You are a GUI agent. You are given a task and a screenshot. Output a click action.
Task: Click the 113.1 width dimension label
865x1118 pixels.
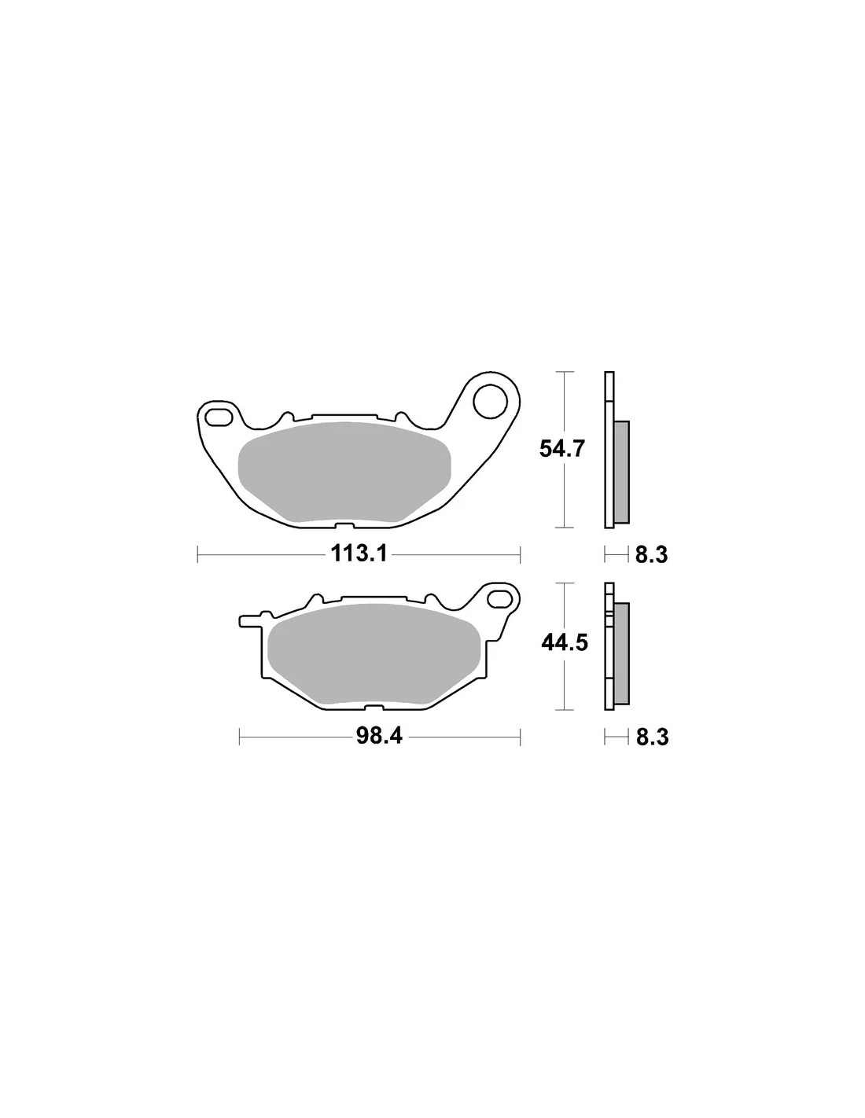[359, 554]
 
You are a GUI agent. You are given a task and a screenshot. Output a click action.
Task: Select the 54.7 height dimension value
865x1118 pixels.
[562, 449]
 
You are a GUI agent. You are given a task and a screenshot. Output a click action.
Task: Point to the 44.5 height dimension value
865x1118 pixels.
[565, 642]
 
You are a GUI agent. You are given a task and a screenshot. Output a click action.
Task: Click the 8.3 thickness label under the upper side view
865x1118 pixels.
[651, 555]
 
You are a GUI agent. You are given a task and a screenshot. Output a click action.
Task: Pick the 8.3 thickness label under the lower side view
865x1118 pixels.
[652, 737]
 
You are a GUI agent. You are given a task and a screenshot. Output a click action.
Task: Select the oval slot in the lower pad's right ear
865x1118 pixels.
[501, 598]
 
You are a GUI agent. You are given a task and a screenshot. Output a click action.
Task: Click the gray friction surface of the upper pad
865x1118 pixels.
[344, 472]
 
